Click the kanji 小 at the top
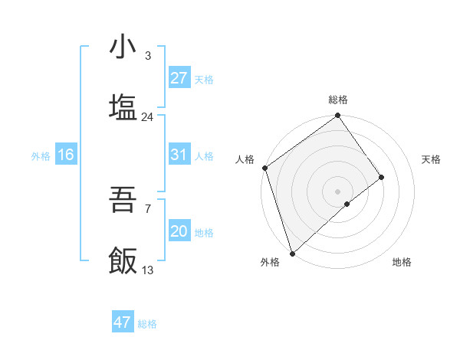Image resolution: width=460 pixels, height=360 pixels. pos(123,47)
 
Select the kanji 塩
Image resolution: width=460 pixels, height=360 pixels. pos(123,108)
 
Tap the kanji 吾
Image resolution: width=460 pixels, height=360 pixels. pos(123,201)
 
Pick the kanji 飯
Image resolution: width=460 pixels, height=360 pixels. pos(123,261)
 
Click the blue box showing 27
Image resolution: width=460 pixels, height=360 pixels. pos(179,78)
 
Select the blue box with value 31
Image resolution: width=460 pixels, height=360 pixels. pos(179,155)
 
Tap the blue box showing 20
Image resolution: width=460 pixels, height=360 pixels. pos(179,231)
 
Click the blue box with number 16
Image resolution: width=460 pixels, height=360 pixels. pos(66,155)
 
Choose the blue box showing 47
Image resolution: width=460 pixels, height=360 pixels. pos(123,322)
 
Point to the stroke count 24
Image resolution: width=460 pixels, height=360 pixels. pos(148,117)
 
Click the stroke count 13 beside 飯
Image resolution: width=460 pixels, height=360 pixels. pos(148,270)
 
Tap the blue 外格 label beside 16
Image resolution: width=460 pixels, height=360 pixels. pos(41,155)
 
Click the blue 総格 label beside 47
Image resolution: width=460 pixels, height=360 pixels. pos(147,324)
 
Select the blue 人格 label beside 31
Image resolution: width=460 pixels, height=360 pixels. pos(204,155)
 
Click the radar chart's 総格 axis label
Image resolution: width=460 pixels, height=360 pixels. pos(338,100)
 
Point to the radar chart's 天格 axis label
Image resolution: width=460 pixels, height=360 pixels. pos(432,159)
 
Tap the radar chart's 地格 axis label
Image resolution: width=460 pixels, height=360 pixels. pos(402,262)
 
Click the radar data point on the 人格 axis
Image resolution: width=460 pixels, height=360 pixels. pos(264,168)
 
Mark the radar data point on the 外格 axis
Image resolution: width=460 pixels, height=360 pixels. pos(292,252)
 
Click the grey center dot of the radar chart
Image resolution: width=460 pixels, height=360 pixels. pos(337,190)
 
